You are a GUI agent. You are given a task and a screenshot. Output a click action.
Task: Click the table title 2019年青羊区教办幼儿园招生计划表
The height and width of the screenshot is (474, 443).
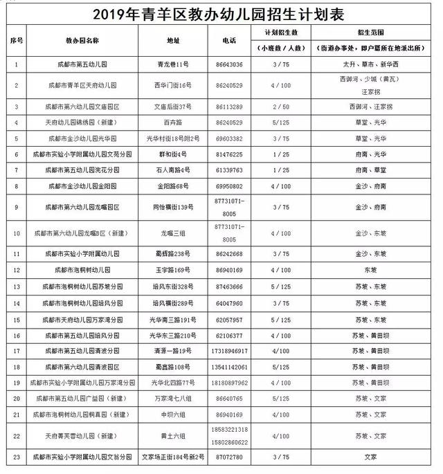[221, 12]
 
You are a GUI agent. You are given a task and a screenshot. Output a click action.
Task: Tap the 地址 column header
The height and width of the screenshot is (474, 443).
[172, 40]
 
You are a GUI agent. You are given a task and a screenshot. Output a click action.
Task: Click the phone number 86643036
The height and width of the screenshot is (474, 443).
[229, 64]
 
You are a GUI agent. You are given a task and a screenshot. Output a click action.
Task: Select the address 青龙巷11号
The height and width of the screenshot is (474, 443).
[172, 64]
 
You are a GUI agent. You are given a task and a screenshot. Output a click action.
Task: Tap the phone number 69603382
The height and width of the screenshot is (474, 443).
[229, 138]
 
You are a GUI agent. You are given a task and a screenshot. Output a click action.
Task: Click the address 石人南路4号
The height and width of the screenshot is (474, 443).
[172, 170]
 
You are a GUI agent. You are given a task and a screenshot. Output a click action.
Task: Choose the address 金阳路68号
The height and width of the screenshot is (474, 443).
[172, 185]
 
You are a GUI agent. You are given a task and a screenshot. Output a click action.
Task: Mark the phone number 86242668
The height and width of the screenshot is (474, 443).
[229, 254]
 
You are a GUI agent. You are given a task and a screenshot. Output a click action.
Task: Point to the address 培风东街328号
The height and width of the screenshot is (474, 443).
[172, 286]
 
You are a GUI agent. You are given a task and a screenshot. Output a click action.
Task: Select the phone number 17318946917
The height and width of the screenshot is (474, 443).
[229, 351]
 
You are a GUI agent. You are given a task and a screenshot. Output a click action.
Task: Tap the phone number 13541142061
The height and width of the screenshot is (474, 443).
[229, 366]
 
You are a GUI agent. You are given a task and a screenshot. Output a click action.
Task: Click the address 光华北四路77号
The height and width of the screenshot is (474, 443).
[172, 382]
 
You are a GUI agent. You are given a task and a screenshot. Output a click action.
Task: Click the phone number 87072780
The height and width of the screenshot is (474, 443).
[229, 457]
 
